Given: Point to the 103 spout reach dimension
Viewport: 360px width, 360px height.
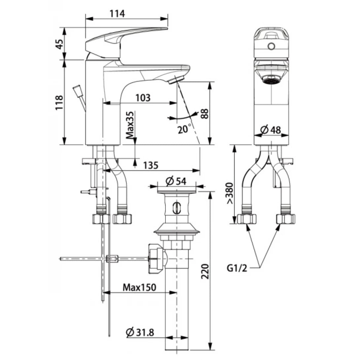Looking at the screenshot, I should pos(142,98).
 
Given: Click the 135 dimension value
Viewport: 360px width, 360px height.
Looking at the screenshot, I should pos(151,165).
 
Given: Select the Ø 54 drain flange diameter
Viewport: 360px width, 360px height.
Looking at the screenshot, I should pos(176,181).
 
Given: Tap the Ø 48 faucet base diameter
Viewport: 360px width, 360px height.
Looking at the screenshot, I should pos(270,130).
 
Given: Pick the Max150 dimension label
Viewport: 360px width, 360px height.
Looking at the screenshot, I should pos(139,287).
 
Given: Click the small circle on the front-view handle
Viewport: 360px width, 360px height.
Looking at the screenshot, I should pos(271,46).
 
